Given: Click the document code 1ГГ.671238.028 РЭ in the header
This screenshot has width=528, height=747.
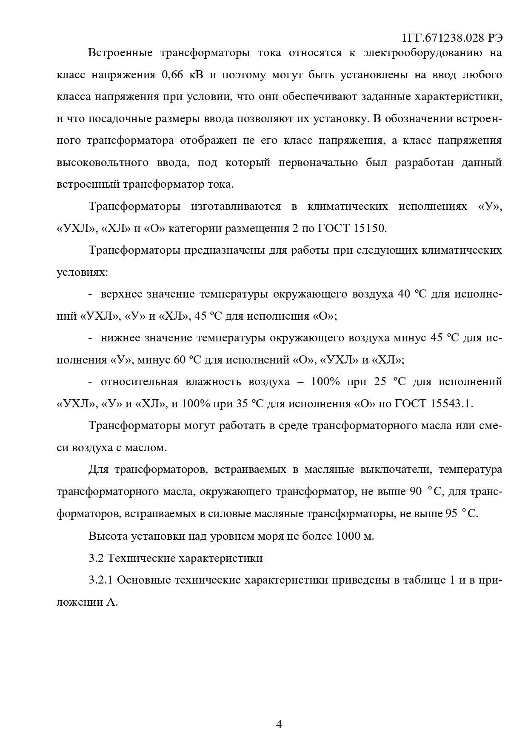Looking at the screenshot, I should point(452,38).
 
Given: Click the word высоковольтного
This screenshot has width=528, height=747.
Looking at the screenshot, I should point(103,163).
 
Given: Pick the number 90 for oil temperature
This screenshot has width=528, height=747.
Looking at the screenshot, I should point(415,491).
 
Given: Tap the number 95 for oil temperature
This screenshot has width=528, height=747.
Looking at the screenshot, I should point(451,513).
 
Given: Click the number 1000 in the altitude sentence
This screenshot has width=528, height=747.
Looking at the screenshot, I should point(348,535).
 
